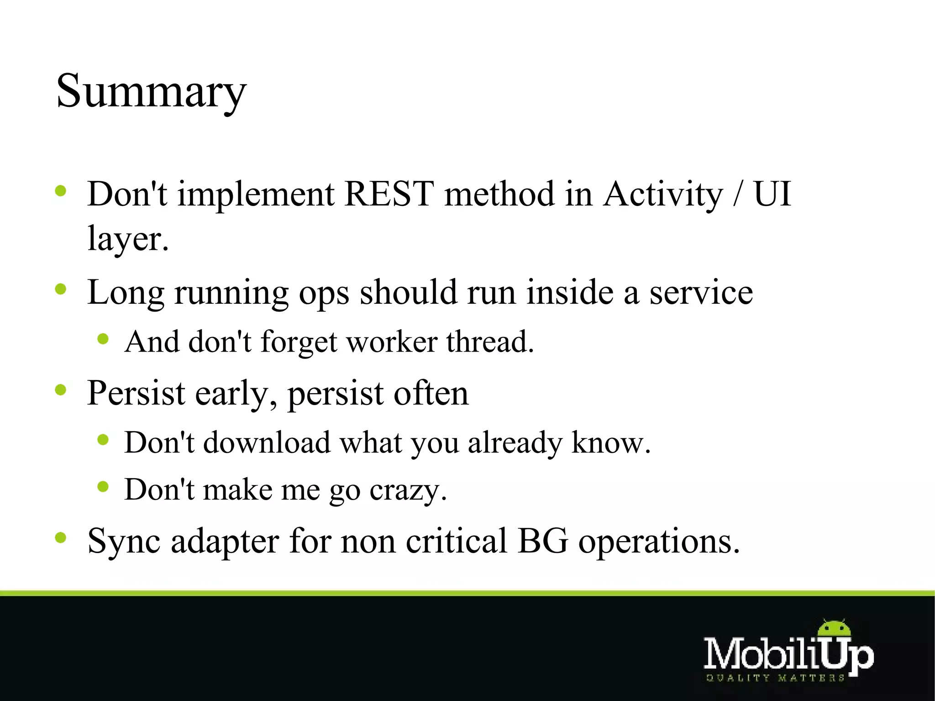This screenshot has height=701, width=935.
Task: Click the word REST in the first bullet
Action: point(389,194)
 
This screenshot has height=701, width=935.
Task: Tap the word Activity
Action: point(663,195)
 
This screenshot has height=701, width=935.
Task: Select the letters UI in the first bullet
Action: point(772,194)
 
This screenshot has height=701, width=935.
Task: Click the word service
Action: point(701,292)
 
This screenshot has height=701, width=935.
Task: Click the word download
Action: point(267,443)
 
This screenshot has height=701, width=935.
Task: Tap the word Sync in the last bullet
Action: point(124,542)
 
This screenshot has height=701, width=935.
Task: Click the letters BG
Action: point(543,541)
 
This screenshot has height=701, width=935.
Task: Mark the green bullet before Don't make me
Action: point(103,487)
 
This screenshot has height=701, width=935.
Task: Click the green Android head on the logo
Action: point(834,629)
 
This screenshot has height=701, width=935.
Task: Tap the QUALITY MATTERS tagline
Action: point(775,678)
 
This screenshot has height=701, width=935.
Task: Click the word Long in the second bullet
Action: point(126,293)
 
